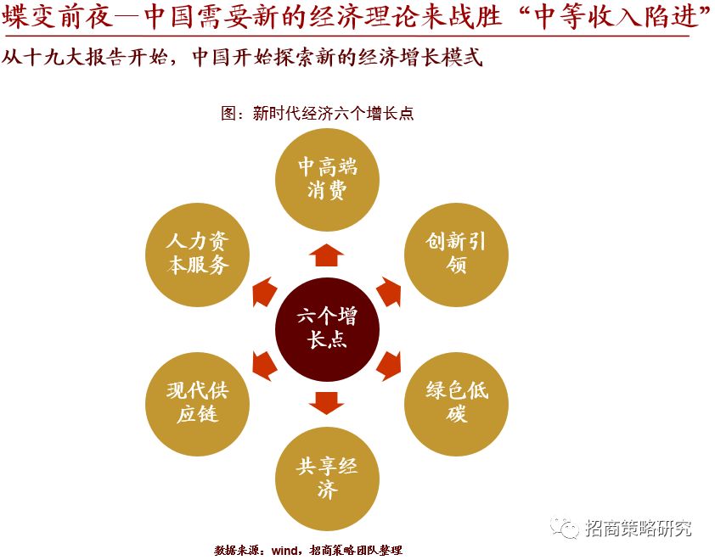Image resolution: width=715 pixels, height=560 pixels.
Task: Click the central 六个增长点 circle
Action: (x=327, y=328)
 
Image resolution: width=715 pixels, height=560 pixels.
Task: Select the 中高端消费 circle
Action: (x=327, y=177)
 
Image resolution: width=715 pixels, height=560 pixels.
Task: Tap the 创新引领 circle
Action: (x=456, y=253)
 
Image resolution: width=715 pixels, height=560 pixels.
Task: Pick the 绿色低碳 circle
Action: (x=456, y=402)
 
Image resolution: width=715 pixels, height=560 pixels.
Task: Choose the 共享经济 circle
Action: (x=327, y=478)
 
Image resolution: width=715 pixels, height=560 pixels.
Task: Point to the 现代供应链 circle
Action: (x=198, y=402)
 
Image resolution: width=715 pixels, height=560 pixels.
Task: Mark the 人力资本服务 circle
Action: (x=198, y=253)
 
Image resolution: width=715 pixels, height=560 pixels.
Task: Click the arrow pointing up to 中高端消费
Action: (x=327, y=254)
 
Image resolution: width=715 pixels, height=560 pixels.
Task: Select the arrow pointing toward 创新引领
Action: (x=389, y=291)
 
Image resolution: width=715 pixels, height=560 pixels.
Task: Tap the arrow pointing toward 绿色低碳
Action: (x=389, y=364)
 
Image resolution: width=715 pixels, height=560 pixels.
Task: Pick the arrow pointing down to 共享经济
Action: (x=327, y=401)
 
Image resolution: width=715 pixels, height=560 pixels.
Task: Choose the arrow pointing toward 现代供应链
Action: (x=264, y=364)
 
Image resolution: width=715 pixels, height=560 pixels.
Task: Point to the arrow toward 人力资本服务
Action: (x=264, y=291)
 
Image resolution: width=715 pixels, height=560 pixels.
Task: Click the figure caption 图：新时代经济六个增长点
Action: (x=317, y=113)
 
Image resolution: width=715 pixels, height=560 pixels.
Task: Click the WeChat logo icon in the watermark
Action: (x=564, y=528)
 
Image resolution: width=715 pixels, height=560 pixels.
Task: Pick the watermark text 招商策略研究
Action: (x=638, y=528)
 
